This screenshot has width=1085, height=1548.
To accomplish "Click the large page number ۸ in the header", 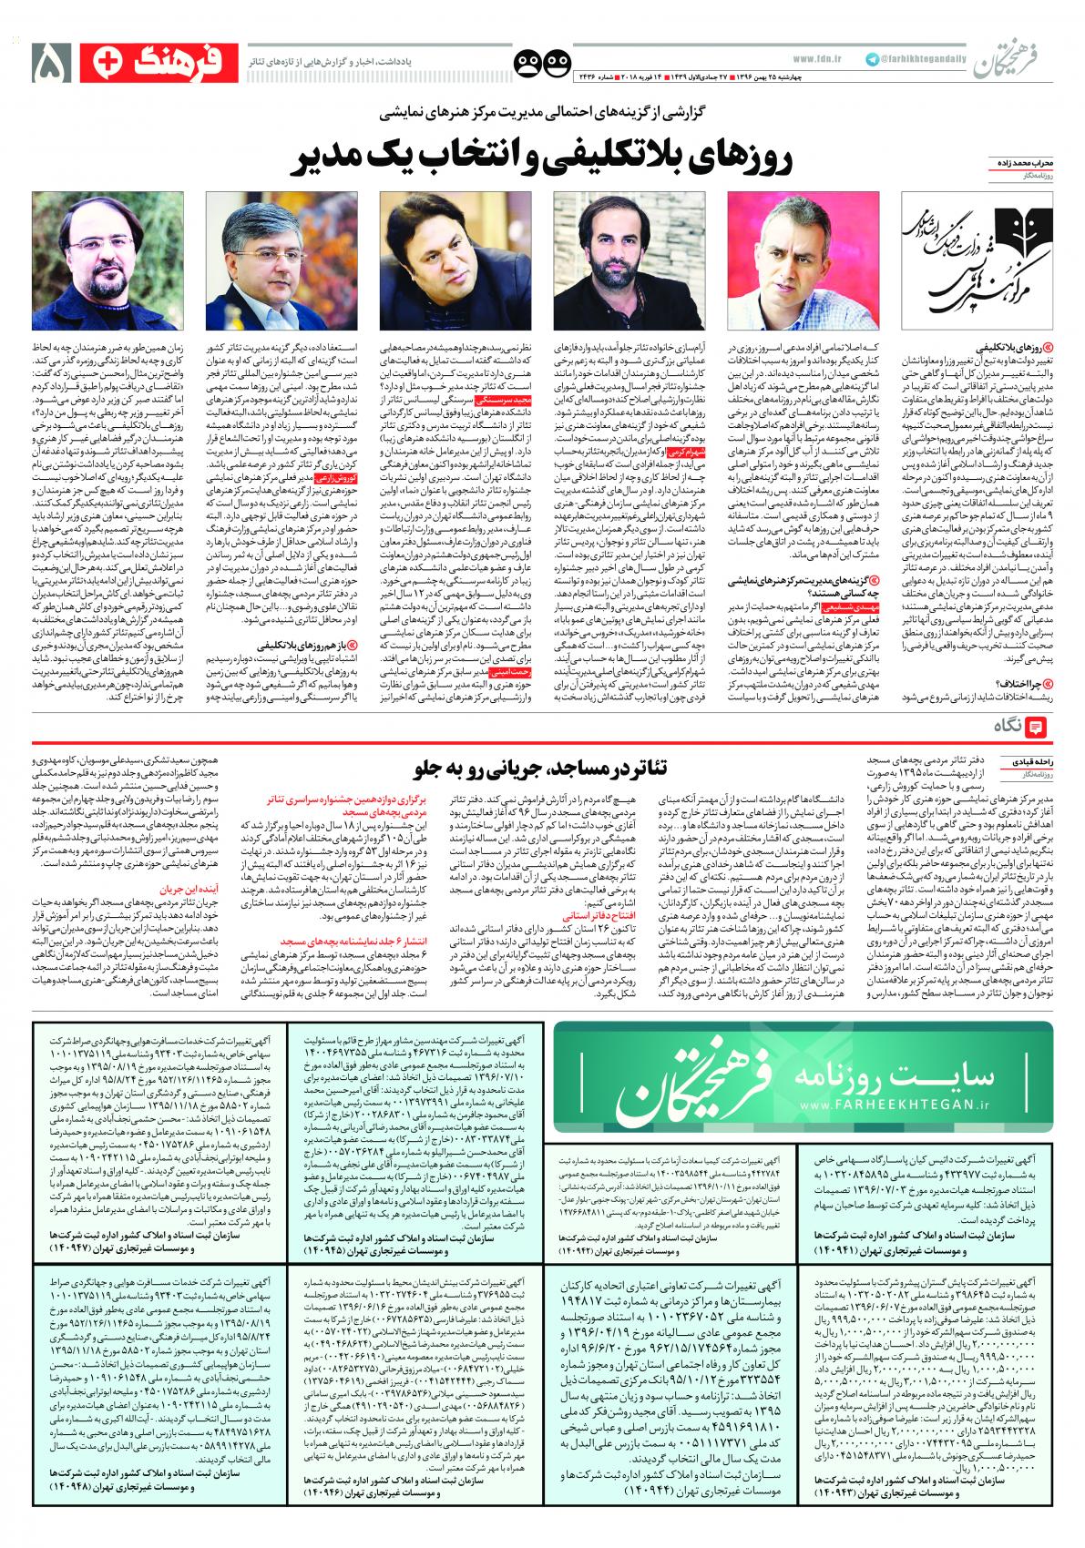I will [x=51, y=61].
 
